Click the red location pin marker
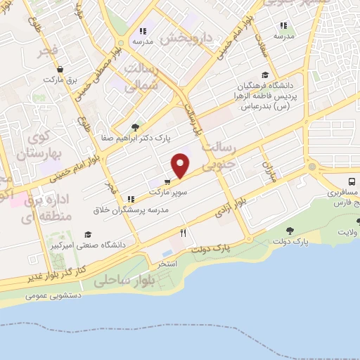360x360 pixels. pos(181,166)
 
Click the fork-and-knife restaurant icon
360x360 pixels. pos(184,232)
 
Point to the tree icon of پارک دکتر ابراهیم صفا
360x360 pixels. pos(135,127)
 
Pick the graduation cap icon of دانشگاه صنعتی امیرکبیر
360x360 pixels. pos(88,235)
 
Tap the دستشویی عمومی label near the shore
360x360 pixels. pos(53,295)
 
